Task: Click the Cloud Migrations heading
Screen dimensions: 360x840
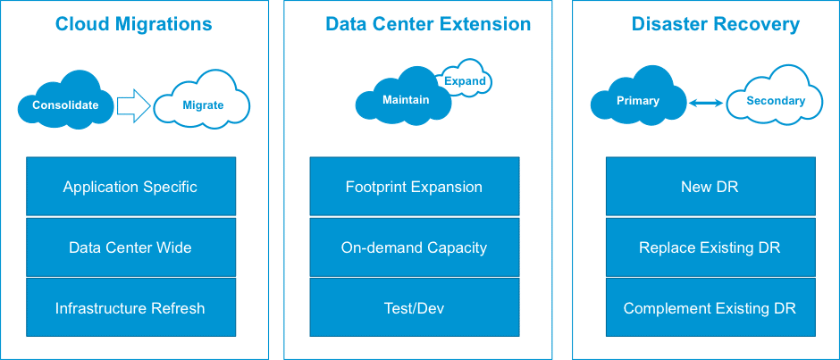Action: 134,24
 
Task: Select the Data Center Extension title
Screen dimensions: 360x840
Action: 428,24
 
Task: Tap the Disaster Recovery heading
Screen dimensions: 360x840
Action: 715,24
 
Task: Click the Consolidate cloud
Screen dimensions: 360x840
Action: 65,105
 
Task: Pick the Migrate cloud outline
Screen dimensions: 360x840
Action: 203,105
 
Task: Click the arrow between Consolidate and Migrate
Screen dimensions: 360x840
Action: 134,105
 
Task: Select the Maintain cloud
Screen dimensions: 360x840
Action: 405,100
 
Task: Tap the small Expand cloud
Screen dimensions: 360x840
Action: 465,81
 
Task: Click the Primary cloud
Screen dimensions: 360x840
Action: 637,101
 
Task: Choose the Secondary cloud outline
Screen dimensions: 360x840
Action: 775,101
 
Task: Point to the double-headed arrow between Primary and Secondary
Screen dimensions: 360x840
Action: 707,104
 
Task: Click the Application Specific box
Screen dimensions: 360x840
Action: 130,187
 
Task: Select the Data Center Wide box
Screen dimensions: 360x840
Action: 130,247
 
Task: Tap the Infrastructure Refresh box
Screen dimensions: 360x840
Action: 130,308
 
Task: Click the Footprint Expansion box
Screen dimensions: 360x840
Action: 414,187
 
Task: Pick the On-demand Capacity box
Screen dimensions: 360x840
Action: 414,247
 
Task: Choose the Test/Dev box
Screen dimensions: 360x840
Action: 414,308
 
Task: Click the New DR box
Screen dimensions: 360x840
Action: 710,187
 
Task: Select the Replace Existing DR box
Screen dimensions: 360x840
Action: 710,247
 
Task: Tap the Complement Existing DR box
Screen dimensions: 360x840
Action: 710,308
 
